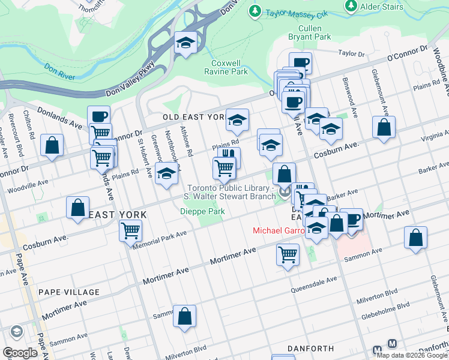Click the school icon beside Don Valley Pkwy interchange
[185, 43]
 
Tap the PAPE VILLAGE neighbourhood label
[68, 292]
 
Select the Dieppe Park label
[202, 211]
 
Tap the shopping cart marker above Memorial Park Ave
[130, 230]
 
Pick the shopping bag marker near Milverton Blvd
[184, 316]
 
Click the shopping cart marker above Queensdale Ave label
[288, 254]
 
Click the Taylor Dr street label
[352, 53]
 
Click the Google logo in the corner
[20, 353]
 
